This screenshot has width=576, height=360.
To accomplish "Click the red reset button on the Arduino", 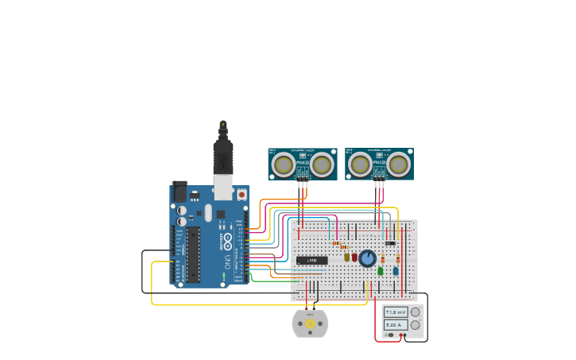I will pyautogui.click(x=242, y=193).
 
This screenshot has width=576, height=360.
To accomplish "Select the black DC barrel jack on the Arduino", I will pyautogui.click(x=180, y=192).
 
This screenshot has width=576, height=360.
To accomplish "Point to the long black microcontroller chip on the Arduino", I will pyautogui.click(x=193, y=254).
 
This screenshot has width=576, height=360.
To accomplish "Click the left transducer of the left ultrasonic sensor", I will pyautogui.click(x=283, y=165).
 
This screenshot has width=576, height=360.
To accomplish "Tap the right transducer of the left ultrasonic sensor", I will pyautogui.click(x=322, y=165).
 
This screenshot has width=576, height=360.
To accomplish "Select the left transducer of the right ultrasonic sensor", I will pyautogui.click(x=360, y=165).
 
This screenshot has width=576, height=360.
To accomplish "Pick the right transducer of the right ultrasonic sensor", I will pyautogui.click(x=399, y=165).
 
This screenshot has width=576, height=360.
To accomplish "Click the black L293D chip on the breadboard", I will pyautogui.click(x=311, y=260).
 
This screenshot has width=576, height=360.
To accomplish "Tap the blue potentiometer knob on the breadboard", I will pyautogui.click(x=367, y=258).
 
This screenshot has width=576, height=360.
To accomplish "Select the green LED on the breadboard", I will pyautogui.click(x=381, y=271).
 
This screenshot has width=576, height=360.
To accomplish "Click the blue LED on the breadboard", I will pyautogui.click(x=395, y=271).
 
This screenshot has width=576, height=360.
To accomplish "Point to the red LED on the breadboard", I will pyautogui.click(x=354, y=257).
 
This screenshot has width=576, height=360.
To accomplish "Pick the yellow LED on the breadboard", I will pyautogui.click(x=347, y=257).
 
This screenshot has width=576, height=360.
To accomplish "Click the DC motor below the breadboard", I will pyautogui.click(x=310, y=323).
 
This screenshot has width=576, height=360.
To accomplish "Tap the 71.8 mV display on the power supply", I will pyautogui.click(x=396, y=312).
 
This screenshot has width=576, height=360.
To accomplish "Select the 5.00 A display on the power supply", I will pyautogui.click(x=396, y=325).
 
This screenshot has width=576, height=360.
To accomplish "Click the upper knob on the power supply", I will pyautogui.click(x=415, y=312).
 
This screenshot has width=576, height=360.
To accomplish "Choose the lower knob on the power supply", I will pyautogui.click(x=415, y=325).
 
